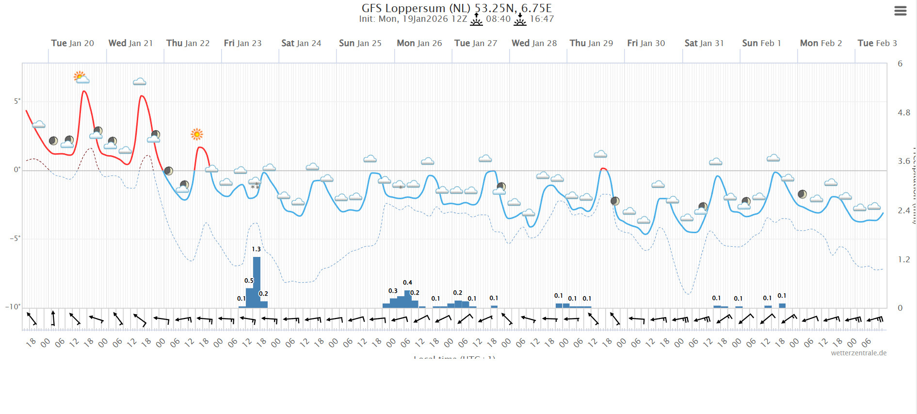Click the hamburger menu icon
pyautogui.click(x=900, y=11)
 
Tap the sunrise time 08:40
pyautogui.click(x=498, y=19)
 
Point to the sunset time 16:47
pyautogui.click(x=542, y=19)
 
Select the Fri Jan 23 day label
pyautogui.click(x=242, y=43)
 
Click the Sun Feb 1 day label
pyautogui.click(x=761, y=43)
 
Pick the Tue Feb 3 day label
pyautogui.click(x=877, y=43)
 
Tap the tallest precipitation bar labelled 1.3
pyautogui.click(x=257, y=281)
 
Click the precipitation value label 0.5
pyautogui.click(x=249, y=281)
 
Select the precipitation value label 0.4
pyautogui.click(x=407, y=283)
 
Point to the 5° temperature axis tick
pyautogui.click(x=17, y=101)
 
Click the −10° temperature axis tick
pyautogui.click(x=13, y=307)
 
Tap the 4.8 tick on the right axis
pyautogui.click(x=903, y=112)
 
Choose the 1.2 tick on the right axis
pyautogui.click(x=903, y=259)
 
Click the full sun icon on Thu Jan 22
pyautogui.click(x=196, y=134)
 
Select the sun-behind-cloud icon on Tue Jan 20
pyautogui.click(x=81, y=77)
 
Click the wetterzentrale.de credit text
pyautogui.click(x=858, y=353)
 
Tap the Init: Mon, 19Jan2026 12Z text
pyautogui.click(x=413, y=19)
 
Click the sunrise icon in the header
pyautogui.click(x=476, y=19)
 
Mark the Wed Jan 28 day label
pyautogui.click(x=534, y=43)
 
